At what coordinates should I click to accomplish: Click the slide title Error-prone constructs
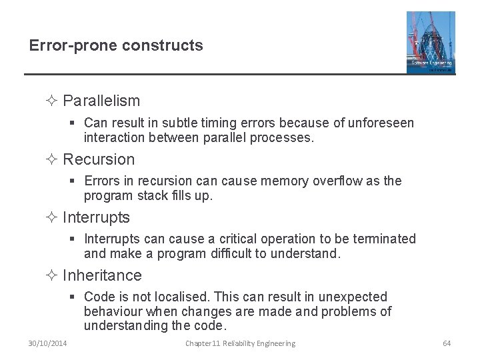116,45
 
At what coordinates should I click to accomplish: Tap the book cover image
431,42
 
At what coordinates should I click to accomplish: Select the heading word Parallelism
101,101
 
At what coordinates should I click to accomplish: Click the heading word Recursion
99,159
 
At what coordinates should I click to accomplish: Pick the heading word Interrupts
96,217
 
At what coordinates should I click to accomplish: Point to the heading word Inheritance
102,275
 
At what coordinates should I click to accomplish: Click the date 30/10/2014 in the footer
47,343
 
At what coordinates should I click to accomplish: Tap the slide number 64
447,343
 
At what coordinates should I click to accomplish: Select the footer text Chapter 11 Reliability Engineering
240,343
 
